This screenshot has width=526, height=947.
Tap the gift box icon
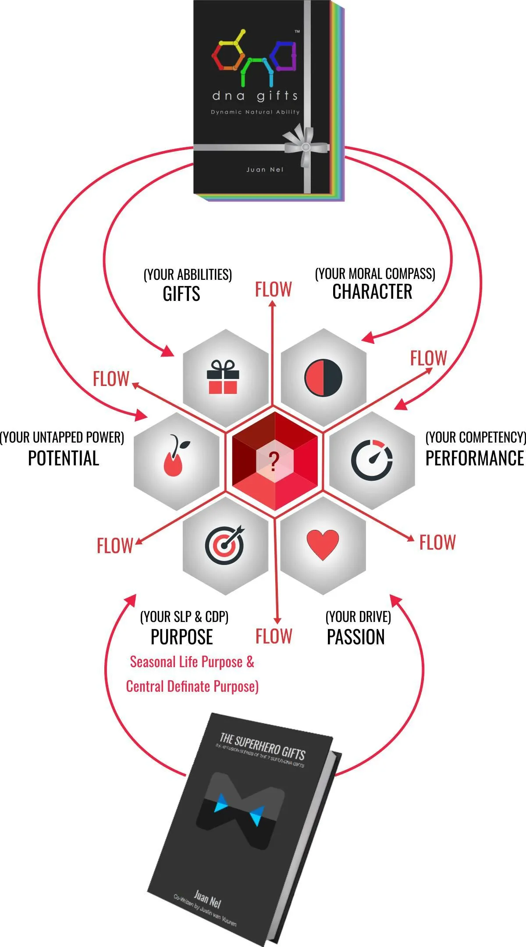223,377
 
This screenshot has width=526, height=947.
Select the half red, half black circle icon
323,377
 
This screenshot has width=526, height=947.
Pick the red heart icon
323,544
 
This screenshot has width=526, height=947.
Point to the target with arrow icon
225,544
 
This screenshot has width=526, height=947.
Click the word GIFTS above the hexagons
181,294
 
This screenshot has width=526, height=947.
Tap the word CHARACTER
372,292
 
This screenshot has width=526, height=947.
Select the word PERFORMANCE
475,458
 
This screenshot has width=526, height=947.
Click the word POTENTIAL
64,458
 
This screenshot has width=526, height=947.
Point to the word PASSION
355,637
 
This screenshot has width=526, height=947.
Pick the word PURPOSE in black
181,637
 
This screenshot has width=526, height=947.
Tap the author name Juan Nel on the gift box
265,170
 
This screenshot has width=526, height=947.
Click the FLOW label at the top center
274,290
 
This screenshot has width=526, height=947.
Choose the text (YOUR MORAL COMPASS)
375,274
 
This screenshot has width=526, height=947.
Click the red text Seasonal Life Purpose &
192,662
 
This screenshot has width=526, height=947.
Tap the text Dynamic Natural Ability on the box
255,112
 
